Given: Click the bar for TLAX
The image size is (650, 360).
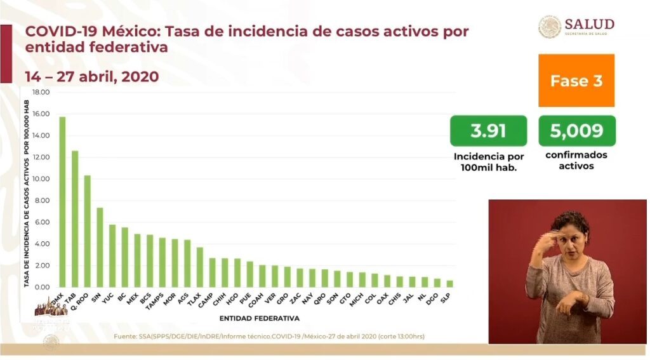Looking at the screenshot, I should click(199, 267).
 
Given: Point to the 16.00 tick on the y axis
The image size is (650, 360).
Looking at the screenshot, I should click(41, 114).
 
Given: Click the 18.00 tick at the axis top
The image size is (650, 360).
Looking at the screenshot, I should click(41, 93).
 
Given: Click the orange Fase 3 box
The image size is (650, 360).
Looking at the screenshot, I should click(576, 81).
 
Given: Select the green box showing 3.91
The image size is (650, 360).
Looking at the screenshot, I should click(488, 131).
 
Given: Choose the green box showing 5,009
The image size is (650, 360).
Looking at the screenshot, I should click(576, 131).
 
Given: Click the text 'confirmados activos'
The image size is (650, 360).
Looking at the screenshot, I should click(576, 161).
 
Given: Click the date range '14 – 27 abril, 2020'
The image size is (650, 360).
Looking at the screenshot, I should click(92, 76).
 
